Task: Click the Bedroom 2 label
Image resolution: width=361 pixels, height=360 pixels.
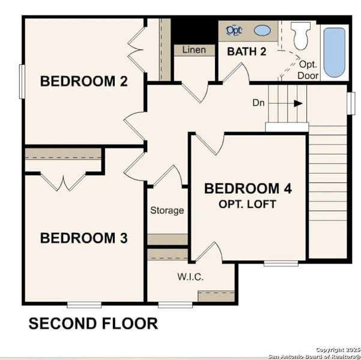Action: (83, 82)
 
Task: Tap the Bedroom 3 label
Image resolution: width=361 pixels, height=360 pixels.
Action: (83, 238)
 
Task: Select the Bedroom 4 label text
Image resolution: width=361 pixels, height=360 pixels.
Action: (248, 188)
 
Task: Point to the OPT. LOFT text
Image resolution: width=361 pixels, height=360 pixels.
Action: (248, 204)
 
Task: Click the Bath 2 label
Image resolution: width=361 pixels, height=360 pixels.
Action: (246, 52)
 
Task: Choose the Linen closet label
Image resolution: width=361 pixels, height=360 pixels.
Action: (194, 49)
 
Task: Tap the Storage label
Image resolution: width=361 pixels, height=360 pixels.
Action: (167, 210)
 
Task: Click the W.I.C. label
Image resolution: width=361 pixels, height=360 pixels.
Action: (190, 277)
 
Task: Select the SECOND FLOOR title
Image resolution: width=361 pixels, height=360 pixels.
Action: (93, 324)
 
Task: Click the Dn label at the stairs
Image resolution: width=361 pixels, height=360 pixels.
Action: (258, 103)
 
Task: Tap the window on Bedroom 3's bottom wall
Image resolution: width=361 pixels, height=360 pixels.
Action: (83, 304)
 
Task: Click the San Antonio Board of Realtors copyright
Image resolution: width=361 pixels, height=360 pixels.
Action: (314, 353)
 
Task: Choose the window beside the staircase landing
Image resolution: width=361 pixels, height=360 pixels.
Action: (351, 103)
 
